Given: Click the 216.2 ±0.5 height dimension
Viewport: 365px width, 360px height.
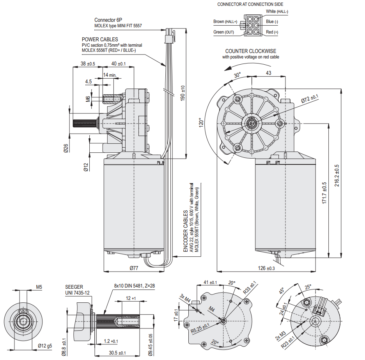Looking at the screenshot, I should pos(337,175).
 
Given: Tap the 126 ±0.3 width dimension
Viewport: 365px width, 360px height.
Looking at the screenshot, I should pos(266,268).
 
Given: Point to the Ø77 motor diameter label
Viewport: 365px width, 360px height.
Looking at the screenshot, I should pos(134,268).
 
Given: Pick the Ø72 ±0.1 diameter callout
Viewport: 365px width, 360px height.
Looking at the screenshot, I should pos(310,99).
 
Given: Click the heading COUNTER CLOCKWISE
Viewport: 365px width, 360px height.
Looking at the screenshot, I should pos(251,51).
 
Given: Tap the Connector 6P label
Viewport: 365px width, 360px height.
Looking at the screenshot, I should pos(107,20).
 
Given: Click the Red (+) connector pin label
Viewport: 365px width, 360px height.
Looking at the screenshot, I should pos(272,32).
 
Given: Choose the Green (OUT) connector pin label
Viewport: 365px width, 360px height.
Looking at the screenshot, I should pos(223,32).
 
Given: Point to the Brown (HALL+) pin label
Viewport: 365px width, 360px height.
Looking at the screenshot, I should pos(225,21).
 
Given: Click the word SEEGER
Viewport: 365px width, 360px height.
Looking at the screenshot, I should pos(74,287).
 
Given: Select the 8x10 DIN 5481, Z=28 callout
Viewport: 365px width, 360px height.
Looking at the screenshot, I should pos(134,285).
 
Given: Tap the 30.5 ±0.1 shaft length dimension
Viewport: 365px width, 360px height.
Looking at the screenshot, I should pos(115,353).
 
